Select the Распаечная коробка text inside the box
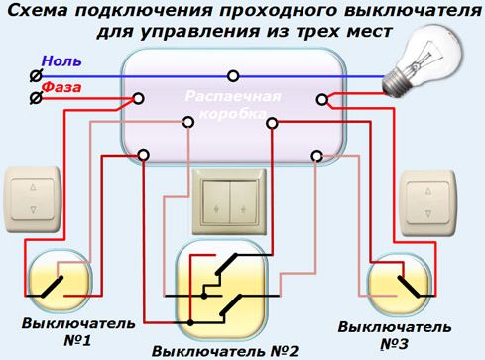[234, 108]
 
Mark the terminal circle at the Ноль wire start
[36, 75]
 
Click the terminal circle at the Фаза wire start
[36, 98]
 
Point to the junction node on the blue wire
[233, 75]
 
